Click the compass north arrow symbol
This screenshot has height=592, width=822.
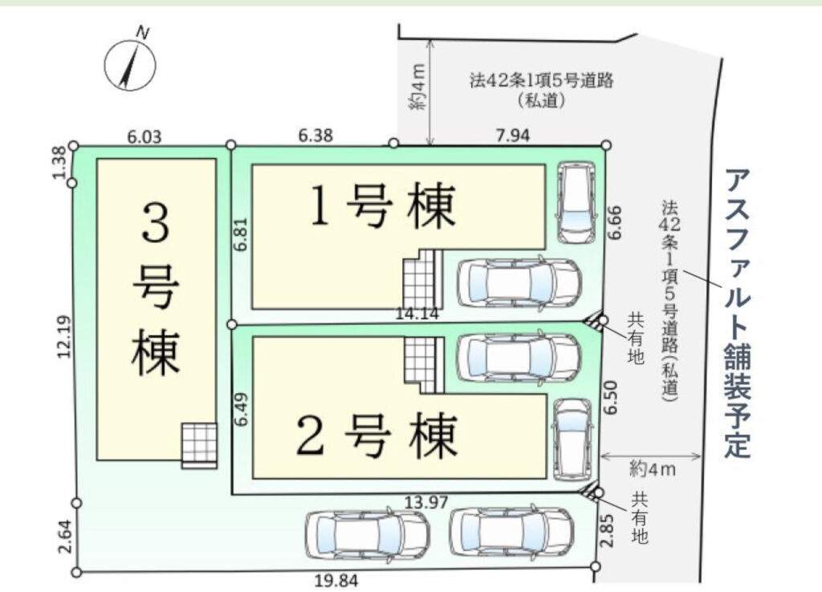[x=129, y=66]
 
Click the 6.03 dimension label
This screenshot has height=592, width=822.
[x=144, y=137]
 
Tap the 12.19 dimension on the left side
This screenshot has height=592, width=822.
[x=64, y=338]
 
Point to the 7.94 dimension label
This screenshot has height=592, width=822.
[x=513, y=135]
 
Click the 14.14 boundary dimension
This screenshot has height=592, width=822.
[x=417, y=314]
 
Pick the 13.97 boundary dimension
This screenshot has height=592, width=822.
[x=426, y=502]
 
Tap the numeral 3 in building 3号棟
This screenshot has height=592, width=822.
[x=156, y=222]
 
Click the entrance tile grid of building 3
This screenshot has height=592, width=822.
[x=199, y=444]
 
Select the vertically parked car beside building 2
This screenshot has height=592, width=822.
[x=572, y=439]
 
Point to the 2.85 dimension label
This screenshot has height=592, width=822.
[x=607, y=531]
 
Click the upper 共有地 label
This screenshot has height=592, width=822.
[x=635, y=339]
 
